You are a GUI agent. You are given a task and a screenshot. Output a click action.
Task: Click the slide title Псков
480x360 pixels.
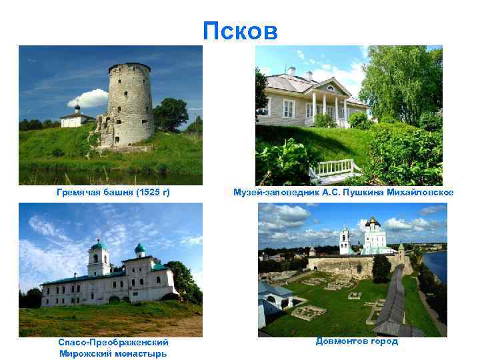click(x=240, y=30)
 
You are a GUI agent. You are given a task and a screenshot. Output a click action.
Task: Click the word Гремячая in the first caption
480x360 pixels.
click(x=79, y=193)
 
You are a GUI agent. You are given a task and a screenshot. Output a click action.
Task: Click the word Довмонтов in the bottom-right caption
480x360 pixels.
click(x=339, y=341)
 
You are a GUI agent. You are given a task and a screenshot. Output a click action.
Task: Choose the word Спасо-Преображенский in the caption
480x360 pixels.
click(x=113, y=343)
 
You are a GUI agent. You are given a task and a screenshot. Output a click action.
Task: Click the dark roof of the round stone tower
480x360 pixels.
click(x=129, y=66)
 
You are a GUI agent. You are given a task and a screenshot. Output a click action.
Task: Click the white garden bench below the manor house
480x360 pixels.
click(x=333, y=171)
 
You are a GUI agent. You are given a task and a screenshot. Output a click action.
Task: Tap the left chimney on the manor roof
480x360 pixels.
click(x=291, y=71)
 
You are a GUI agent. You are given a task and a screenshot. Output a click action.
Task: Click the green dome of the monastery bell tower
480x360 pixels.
click(x=98, y=246)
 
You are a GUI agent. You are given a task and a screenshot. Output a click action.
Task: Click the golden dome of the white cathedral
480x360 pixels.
click(x=372, y=221)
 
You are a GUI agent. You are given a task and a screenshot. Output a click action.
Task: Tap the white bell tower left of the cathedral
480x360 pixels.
click(x=345, y=240)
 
